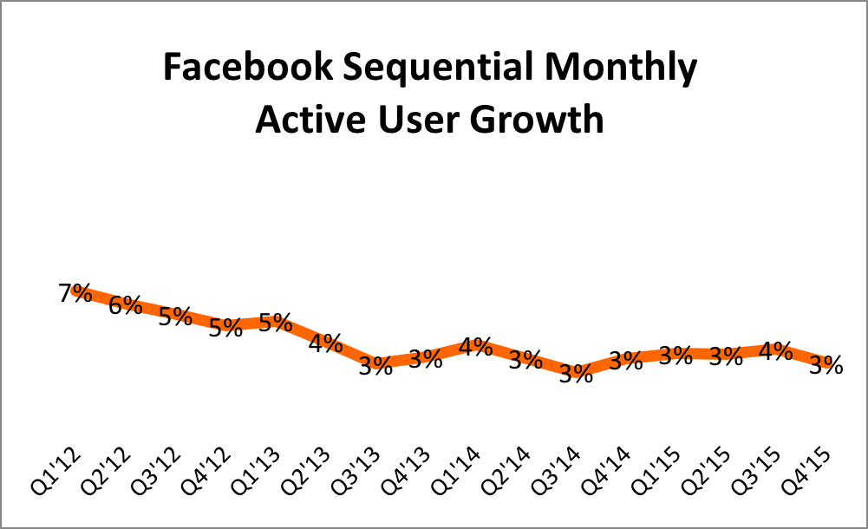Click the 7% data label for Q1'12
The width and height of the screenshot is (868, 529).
75,294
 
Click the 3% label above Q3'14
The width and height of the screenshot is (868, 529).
576,374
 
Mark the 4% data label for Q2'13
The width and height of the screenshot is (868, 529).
326,343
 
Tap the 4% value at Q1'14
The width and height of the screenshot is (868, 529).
476,347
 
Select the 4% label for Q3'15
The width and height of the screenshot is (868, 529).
775,351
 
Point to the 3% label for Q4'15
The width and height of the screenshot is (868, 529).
826,366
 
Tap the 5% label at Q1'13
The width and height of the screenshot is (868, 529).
276,322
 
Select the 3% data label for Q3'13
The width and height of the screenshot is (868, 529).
375,366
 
